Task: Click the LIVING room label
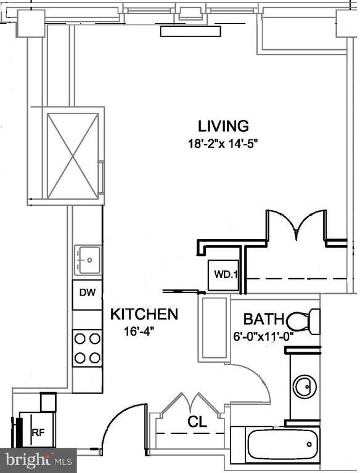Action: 223,126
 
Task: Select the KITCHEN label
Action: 144,315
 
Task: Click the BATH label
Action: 263,320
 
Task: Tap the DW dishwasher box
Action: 87,293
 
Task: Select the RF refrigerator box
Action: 38,432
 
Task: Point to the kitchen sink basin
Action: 88,260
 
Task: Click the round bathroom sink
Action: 303,387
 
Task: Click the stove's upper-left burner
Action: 80,338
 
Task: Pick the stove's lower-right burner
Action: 95,357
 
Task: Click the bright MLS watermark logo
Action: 38,459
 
